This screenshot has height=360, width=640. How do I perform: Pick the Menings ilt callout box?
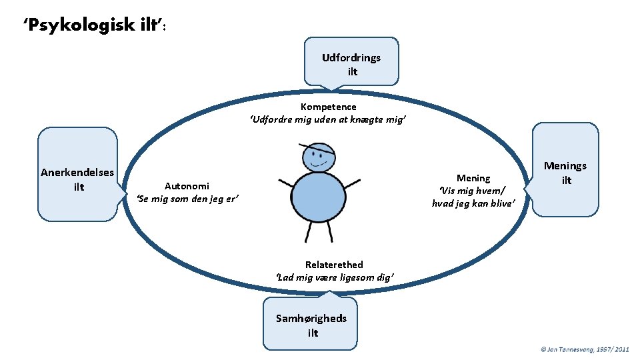[x=565, y=171]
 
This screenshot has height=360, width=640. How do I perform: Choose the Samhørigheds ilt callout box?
[x=311, y=325]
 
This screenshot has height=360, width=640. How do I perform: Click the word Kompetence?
[x=328, y=107]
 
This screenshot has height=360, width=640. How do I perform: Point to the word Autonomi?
[x=187, y=186]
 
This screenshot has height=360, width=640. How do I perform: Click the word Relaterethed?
[x=334, y=265]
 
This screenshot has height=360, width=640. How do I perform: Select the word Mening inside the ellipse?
[x=473, y=178]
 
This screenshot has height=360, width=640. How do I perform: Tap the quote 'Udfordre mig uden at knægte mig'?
[x=328, y=120]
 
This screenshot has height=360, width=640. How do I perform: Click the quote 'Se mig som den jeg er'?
[x=187, y=199]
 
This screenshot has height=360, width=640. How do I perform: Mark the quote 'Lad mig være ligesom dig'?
[x=335, y=277]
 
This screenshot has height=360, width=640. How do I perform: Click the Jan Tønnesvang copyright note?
[x=585, y=349]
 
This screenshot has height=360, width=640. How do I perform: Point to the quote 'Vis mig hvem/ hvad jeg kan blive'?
[x=473, y=197]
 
